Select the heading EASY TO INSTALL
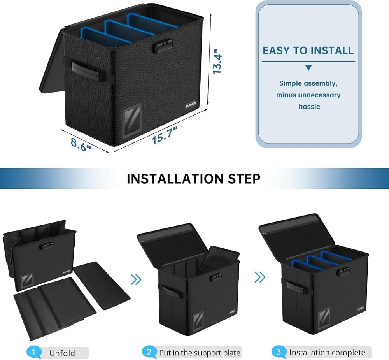308,51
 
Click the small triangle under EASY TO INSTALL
308,68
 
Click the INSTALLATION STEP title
194,178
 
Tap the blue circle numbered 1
34,353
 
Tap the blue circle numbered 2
149,353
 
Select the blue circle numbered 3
279,353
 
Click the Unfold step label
62,353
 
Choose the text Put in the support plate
200,353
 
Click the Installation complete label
327,353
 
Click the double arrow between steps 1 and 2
136,279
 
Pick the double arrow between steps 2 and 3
260,277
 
